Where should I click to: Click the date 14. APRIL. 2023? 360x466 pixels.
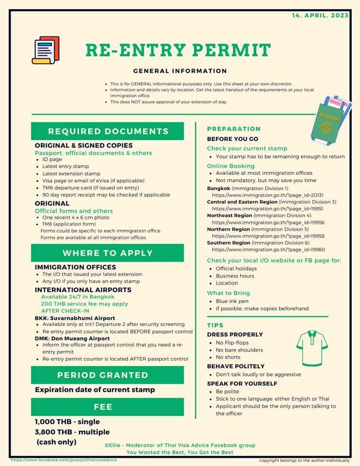coord(320,16)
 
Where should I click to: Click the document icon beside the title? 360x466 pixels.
coord(46,50)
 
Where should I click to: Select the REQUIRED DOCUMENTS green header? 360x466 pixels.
coord(108,131)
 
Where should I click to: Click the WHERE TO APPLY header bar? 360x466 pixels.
coord(108,253)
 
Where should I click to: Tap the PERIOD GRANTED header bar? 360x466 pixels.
coord(108,375)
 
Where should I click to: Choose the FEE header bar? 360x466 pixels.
coord(108,407)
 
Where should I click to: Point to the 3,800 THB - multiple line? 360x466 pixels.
coord(72,432)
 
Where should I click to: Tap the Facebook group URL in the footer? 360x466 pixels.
coord(64,460)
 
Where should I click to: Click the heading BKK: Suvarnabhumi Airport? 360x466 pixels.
coord(75,318)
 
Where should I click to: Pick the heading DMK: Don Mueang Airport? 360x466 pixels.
coord(72,338)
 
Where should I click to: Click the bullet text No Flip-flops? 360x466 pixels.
coord(232,343)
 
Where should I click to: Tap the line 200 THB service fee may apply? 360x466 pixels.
coord(84,304)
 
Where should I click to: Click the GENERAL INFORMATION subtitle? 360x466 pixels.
coord(180,71)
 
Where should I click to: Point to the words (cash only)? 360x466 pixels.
coord(57,442)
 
